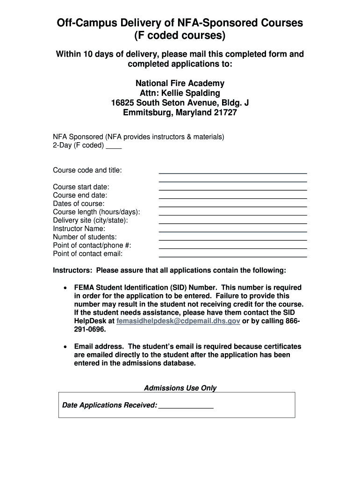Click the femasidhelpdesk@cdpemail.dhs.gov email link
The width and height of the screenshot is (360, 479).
(178, 321)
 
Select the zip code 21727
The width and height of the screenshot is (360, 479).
(225, 113)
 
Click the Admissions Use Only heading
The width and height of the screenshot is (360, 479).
(180, 388)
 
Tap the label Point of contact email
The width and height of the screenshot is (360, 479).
(88, 254)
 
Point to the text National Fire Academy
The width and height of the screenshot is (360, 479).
(180, 83)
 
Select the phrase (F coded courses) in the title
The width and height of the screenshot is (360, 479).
(180, 36)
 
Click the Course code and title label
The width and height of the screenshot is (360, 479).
(87, 170)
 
